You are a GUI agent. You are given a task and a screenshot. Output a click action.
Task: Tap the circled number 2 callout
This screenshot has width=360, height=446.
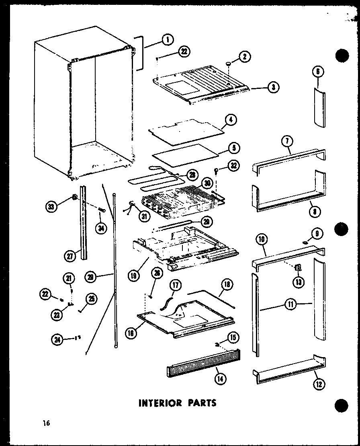pyautogui.click(x=244, y=57)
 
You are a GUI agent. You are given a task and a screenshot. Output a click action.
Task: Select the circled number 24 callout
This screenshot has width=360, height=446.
pyautogui.click(x=57, y=339)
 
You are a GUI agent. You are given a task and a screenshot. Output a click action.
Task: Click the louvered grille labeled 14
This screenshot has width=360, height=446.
pyautogui.click(x=203, y=364)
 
